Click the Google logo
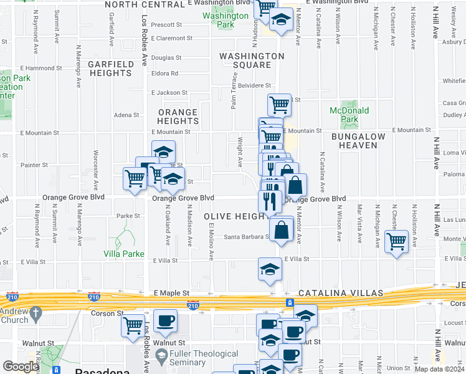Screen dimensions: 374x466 tap(21, 367)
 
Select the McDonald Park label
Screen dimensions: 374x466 tap(349, 115)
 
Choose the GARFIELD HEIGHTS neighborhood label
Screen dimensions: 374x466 tap(110, 69)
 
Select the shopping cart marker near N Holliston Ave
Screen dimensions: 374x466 tap(396, 241)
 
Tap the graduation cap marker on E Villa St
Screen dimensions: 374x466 tap(270, 269)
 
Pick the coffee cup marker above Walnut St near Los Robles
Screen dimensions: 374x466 tap(165, 321)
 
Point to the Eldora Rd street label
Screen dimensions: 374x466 tap(164, 74)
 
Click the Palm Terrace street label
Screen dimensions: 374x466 tap(234, 91)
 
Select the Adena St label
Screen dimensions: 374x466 tap(126, 115)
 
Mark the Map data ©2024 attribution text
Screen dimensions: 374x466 tap(439, 369)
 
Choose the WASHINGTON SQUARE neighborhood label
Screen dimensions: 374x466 tap(251, 60)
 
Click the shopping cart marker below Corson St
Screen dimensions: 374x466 tap(133, 325)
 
